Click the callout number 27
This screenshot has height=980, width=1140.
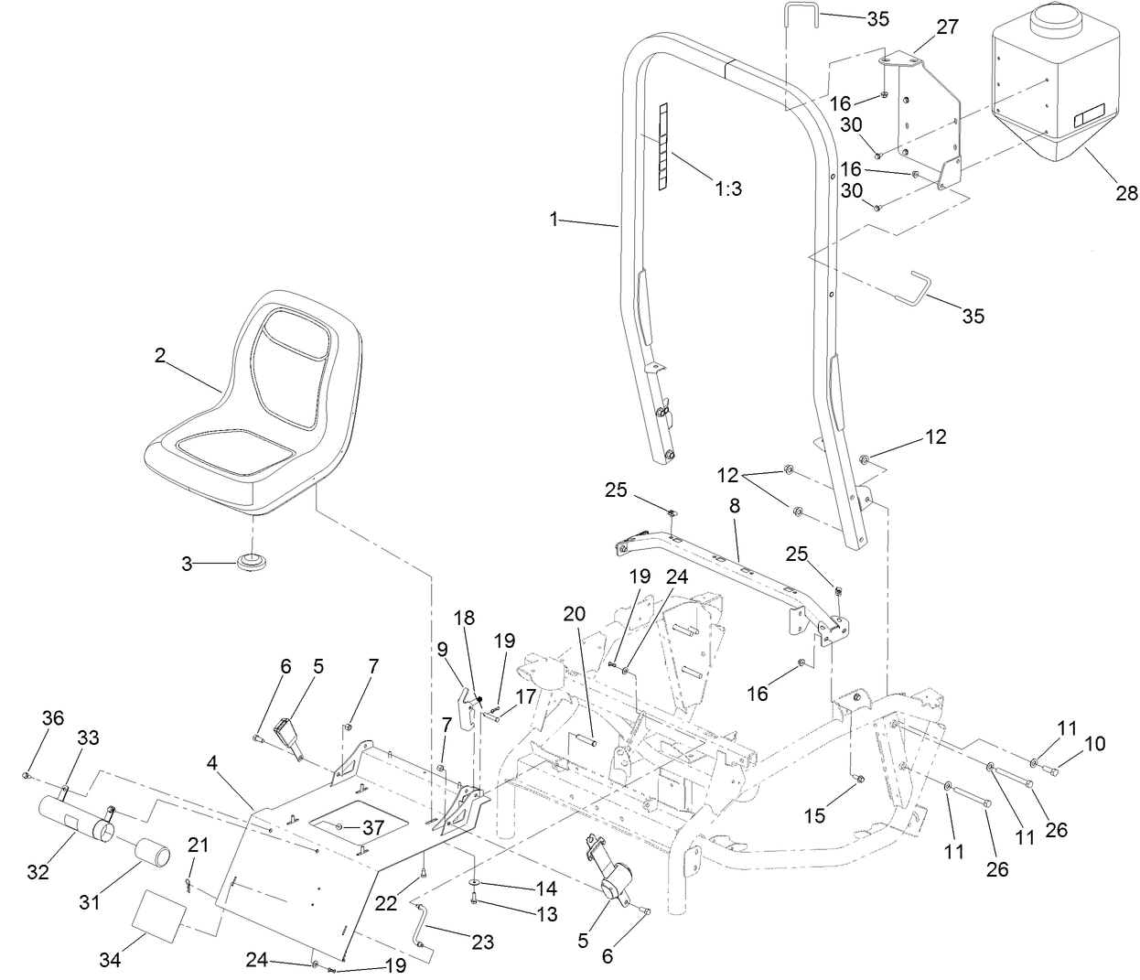[947, 27]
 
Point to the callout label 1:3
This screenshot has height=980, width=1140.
[728, 189]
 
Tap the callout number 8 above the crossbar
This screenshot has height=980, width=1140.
[735, 505]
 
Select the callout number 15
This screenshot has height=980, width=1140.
[814, 813]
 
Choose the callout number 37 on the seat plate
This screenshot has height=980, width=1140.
[372, 827]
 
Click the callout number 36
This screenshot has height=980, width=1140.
[53, 718]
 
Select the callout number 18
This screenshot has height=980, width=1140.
[465, 618]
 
